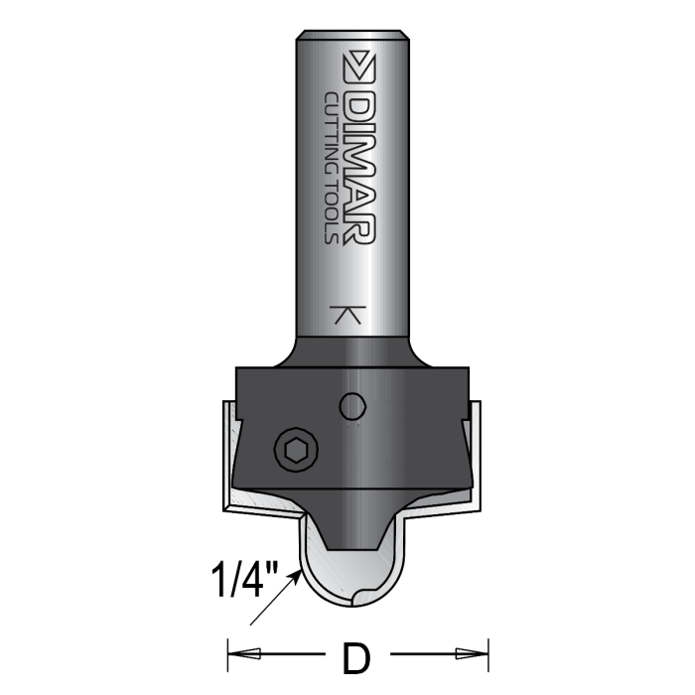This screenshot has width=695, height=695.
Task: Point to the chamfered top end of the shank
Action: [x=353, y=37]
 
